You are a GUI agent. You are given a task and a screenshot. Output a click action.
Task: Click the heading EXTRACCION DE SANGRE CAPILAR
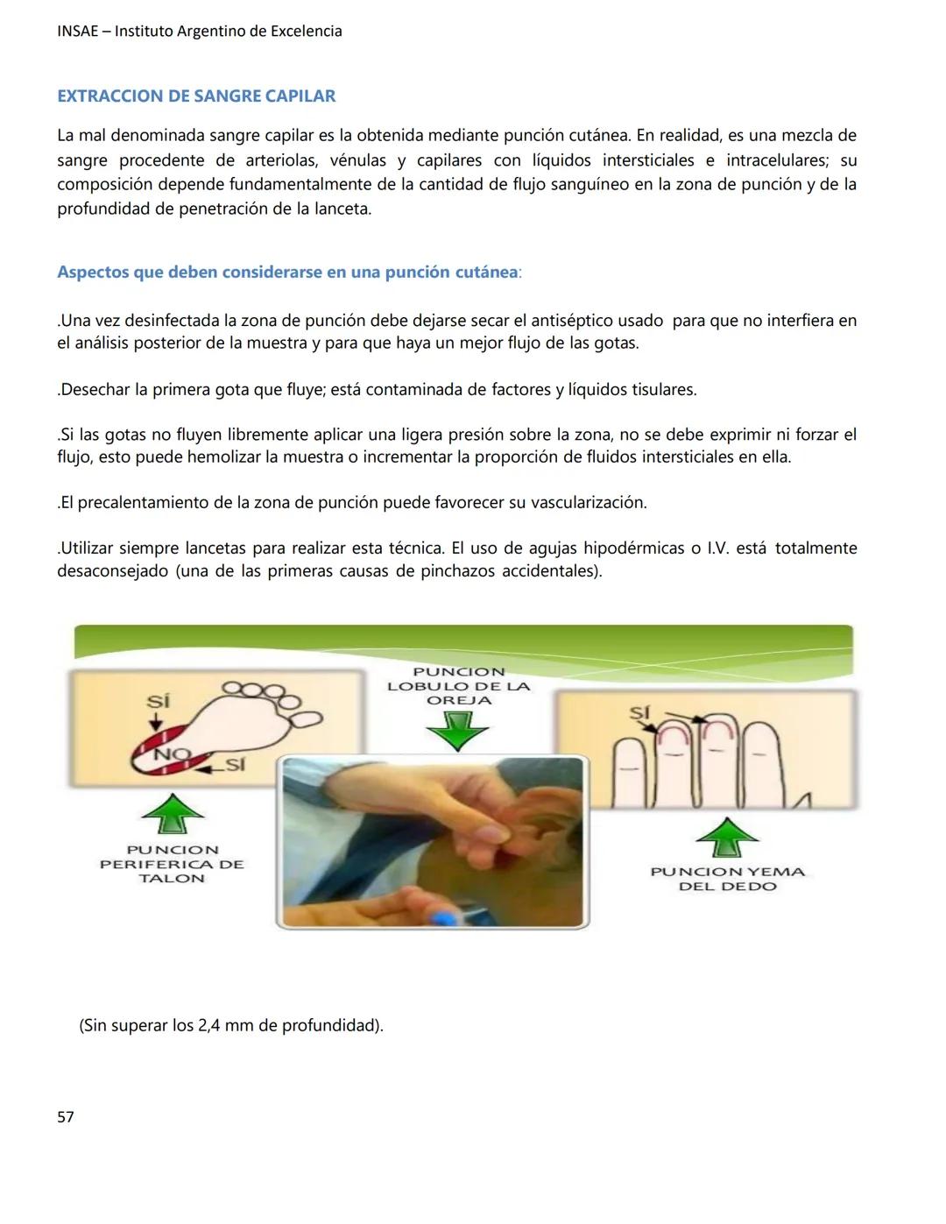[x=196, y=96]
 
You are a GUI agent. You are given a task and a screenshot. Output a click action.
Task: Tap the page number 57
[x=66, y=1117]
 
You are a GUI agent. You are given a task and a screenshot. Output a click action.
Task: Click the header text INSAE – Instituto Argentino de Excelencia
[x=200, y=32]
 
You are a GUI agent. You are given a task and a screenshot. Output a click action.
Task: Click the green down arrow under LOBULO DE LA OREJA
[x=456, y=730]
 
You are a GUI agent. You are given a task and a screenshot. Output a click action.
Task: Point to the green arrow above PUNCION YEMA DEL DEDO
[x=726, y=837]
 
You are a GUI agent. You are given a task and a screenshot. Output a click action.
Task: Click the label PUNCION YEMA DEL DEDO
[x=727, y=879]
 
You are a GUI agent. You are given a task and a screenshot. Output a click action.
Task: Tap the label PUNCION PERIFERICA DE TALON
[x=172, y=864]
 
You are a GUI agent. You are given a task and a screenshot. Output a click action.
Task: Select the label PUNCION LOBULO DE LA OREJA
[x=459, y=686]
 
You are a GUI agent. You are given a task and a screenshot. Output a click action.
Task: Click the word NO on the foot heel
[x=171, y=754]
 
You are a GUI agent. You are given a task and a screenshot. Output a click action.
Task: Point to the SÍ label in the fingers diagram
[x=639, y=712]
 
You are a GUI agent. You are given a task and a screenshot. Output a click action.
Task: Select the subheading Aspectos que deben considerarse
[x=287, y=272]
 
